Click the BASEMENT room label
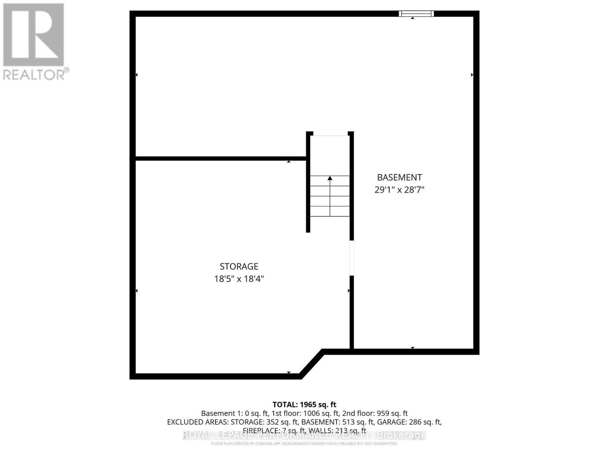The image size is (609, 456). click(399, 177)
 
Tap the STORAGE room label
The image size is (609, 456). click(239, 266)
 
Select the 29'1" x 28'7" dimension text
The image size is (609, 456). click(399, 190)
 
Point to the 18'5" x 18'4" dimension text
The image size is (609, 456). click(239, 279)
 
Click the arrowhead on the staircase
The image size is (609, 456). click(330, 178)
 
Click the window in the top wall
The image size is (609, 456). click(416, 14)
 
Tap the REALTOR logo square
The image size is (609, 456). click(33, 35)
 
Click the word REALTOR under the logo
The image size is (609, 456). click(33, 74)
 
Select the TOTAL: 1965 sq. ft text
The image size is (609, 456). click(304, 405)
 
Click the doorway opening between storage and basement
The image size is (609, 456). click(352, 258)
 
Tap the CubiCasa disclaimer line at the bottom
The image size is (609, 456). click(304, 443)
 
